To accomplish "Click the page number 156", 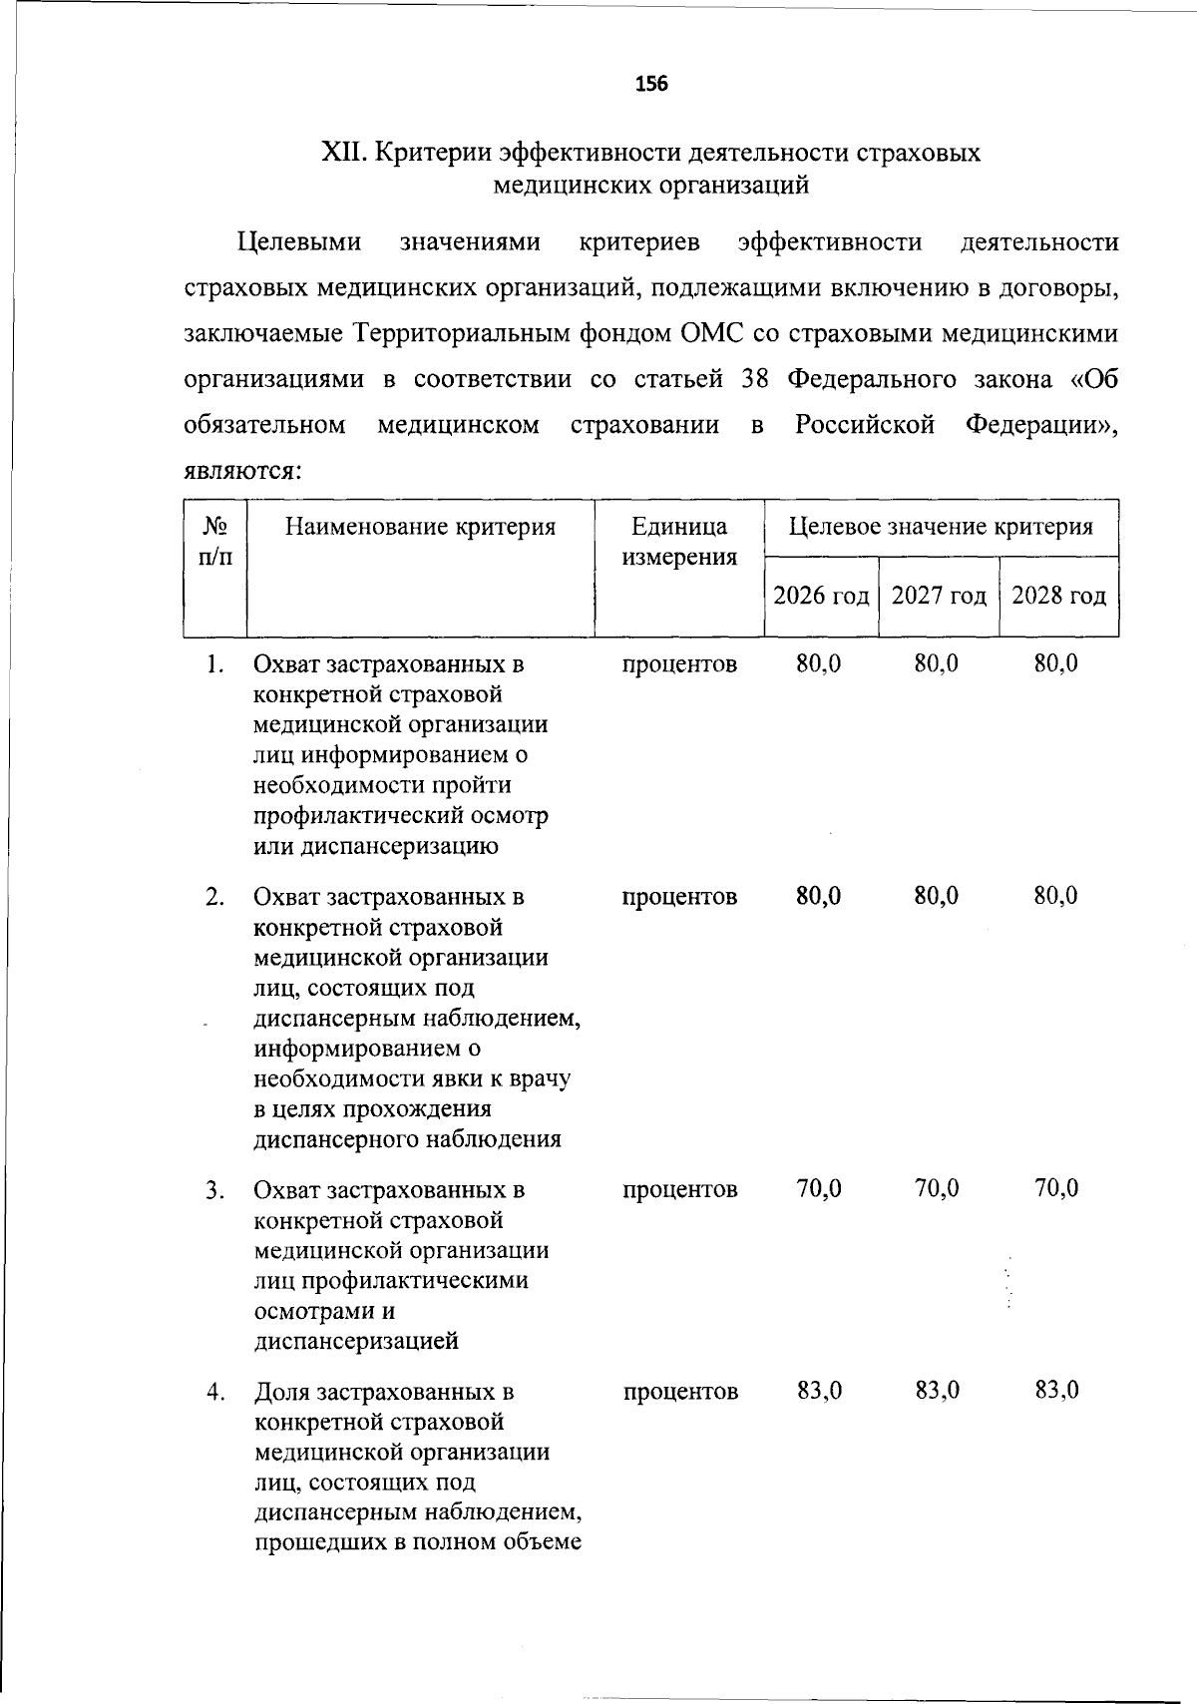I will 651,84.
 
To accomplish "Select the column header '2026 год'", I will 821,597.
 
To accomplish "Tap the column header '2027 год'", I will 939,597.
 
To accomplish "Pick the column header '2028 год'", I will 1058,597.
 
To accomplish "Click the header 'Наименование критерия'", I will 420,527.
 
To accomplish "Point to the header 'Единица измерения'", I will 679,542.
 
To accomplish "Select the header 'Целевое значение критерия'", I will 941,527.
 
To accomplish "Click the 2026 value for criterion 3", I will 819,1189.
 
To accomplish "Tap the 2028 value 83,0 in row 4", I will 1056,1391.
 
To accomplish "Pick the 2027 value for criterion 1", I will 937,663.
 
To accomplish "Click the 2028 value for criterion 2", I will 1055,896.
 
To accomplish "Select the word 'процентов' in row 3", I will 680,1189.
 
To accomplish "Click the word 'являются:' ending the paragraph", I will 243,471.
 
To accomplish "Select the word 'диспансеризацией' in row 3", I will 356,1341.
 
